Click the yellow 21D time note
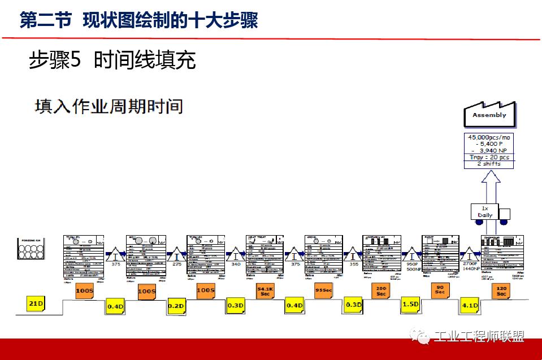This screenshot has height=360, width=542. pos(35,303)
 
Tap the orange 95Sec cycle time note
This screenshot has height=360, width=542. pos(323,290)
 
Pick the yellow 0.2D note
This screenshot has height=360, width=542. pos(176,306)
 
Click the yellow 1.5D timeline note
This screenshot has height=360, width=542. pos(410,304)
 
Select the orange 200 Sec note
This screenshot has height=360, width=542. pos(381,292)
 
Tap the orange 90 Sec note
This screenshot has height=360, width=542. pos(440,290)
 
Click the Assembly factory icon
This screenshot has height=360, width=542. pos(489,115)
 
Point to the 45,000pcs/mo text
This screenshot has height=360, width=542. pos(488,137)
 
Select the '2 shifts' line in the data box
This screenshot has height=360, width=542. pos(488,164)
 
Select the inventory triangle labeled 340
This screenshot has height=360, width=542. pos(236,253)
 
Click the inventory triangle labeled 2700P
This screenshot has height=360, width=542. pos(470,252)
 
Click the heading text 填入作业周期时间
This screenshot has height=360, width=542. pos(109,106)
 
